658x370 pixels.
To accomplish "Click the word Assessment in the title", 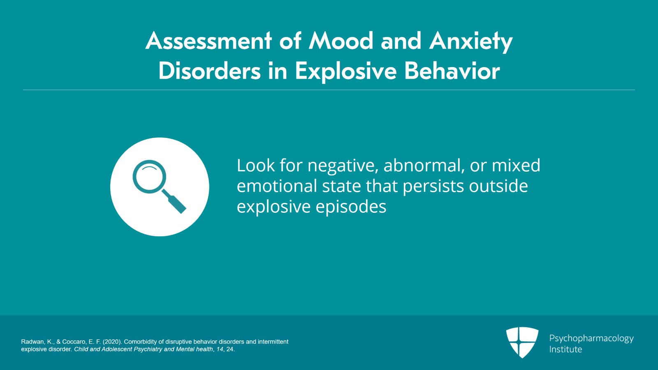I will coord(209,41).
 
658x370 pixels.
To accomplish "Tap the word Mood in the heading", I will coord(341,41).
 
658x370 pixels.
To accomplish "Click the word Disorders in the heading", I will coord(209,71).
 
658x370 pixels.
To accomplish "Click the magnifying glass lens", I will coord(149,176).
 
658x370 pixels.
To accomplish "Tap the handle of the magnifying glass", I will coord(174,202).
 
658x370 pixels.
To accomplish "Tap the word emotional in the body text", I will coord(277,186).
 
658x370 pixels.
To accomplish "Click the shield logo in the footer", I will coord(522,342).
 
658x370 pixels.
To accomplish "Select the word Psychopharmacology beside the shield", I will coord(591,339).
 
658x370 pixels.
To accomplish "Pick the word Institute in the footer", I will coord(565,349).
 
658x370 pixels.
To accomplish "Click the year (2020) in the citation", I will coord(112,342).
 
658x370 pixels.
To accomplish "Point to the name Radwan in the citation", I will coord(32,342).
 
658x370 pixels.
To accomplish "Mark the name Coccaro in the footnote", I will coord(74,342).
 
